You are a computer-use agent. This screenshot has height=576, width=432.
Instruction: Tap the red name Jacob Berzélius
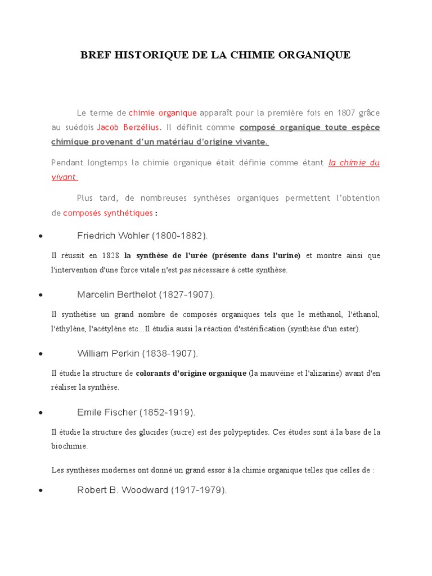tap(129, 127)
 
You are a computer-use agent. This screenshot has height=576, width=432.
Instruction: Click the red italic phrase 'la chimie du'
tap(354, 163)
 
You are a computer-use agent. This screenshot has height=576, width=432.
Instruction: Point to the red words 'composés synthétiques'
tap(107, 213)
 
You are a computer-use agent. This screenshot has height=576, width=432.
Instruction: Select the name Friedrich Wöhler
tap(113, 236)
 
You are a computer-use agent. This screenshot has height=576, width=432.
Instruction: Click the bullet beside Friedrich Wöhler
tap(41, 236)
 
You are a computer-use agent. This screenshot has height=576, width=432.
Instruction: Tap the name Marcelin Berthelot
tap(116, 295)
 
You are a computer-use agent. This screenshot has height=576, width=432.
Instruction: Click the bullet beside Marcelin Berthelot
tap(41, 295)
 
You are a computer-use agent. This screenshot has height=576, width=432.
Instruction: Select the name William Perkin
tap(108, 354)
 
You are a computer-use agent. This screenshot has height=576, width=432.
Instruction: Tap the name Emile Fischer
tap(107, 412)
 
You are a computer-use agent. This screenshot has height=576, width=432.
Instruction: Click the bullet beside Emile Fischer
tap(41, 413)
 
